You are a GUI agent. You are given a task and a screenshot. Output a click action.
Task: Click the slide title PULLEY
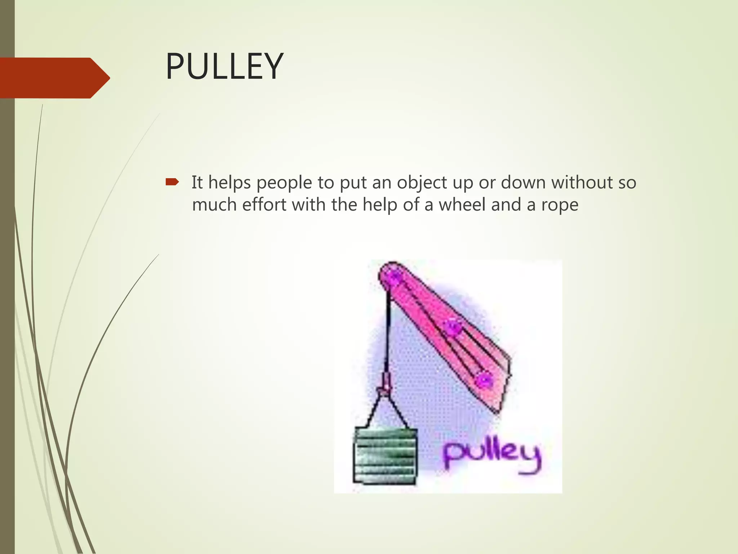click(224, 67)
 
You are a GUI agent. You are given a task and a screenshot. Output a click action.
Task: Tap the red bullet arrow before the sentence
click(172, 182)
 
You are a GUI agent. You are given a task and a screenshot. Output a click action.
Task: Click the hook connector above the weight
click(385, 384)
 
